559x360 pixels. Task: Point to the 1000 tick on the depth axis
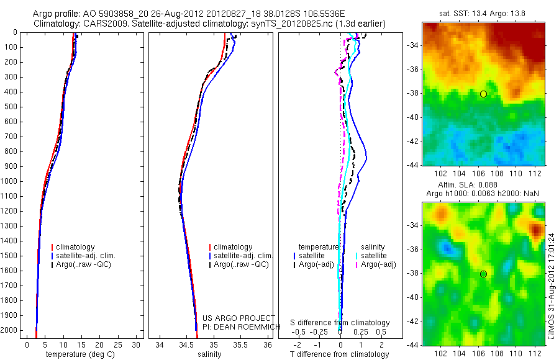tap(10, 181)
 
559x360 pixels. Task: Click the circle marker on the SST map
tap(483, 94)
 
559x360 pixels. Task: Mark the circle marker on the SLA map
tap(483, 274)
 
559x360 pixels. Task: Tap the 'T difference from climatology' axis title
tap(340, 354)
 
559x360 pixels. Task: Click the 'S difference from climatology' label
tap(340, 323)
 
